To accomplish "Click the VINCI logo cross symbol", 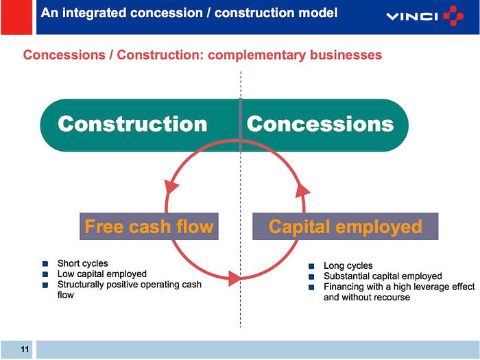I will pyautogui.click(x=453, y=16).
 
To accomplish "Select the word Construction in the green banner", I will pyautogui.click(x=132, y=124).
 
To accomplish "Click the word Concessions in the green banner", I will pyautogui.click(x=320, y=124).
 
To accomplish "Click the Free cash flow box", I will pyautogui.click(x=149, y=226).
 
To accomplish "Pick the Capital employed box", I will pyautogui.click(x=345, y=226).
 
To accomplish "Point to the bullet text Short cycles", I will pyautogui.click(x=82, y=263).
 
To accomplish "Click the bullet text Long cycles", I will pyautogui.click(x=348, y=266).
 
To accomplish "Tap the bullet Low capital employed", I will pyautogui.click(x=101, y=274).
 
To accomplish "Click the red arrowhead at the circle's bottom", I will pyautogui.click(x=233, y=278).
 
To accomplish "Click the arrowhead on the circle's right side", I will pyautogui.click(x=302, y=189).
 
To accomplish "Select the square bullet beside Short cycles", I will pyautogui.click(x=45, y=264).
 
